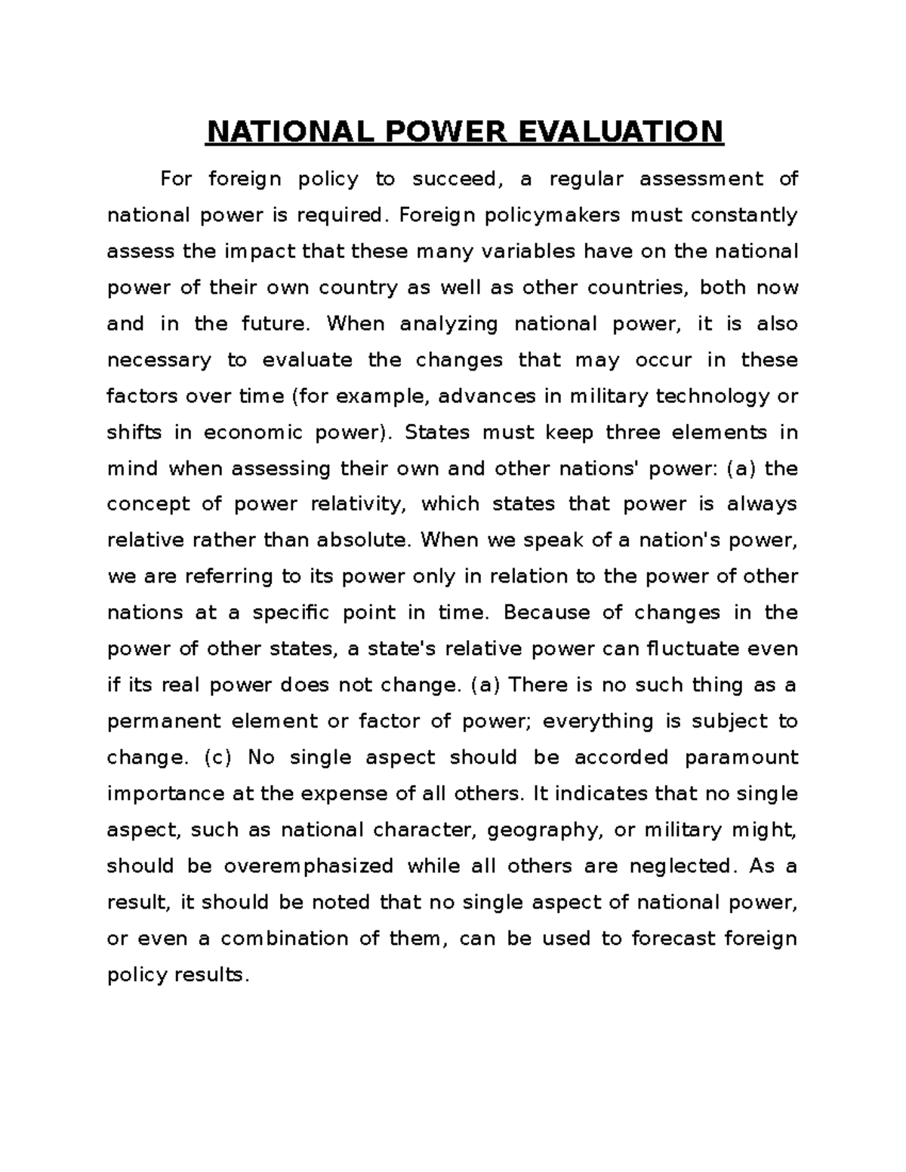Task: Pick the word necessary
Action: point(159,361)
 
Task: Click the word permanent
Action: point(159,721)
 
